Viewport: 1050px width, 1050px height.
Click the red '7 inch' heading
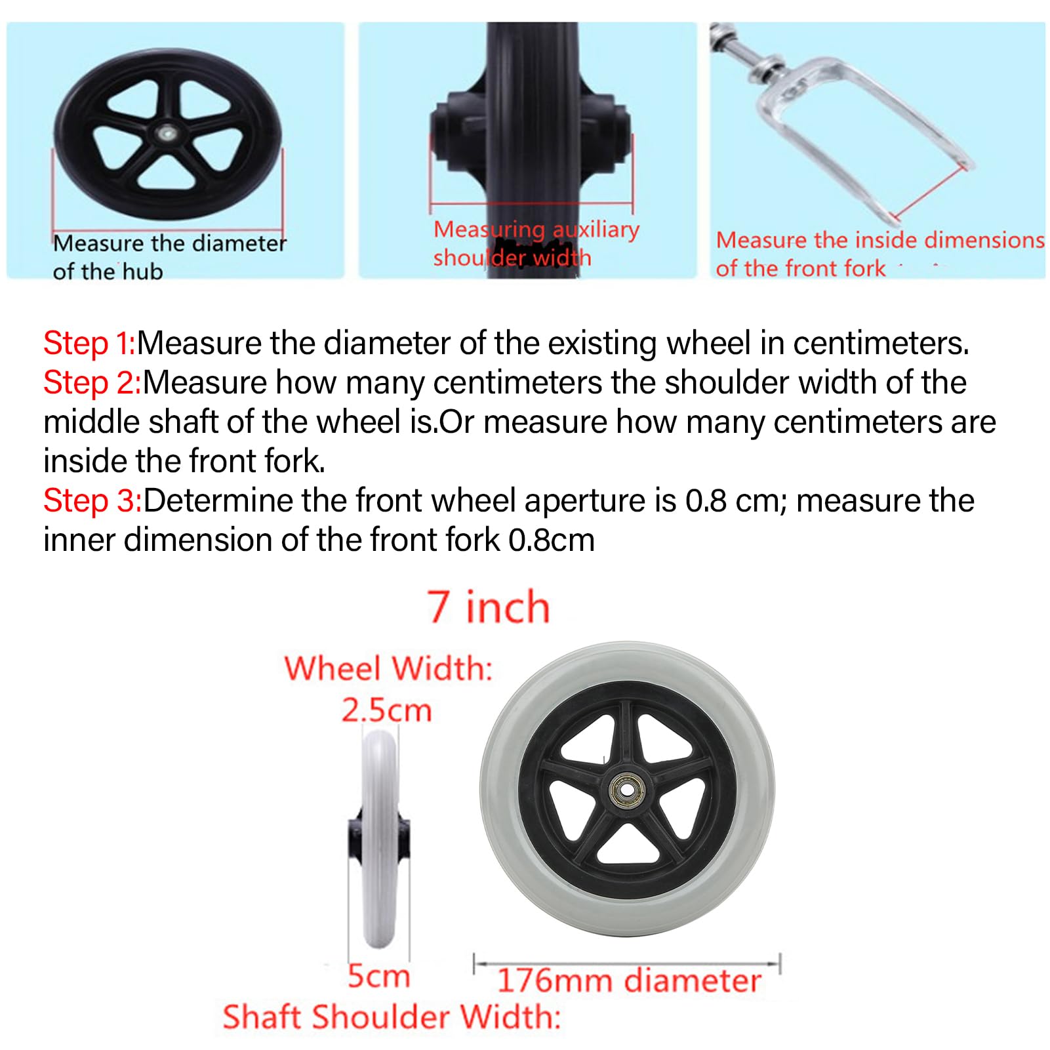(489, 607)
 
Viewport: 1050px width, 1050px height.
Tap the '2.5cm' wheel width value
(386, 710)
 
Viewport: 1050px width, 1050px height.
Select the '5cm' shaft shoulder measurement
(378, 977)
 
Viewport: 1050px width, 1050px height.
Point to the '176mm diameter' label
(629, 981)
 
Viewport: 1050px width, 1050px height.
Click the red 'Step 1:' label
(89, 343)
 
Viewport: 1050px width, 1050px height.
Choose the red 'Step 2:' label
(92, 382)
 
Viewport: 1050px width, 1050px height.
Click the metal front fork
(846, 125)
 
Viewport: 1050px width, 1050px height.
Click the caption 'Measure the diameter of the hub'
(170, 257)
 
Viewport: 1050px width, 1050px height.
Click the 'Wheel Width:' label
(388, 669)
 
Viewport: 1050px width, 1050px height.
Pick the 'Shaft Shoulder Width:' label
(392, 1017)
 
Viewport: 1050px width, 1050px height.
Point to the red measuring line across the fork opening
(929, 193)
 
